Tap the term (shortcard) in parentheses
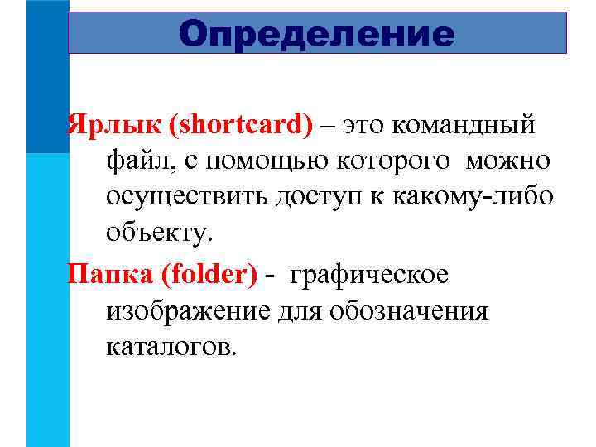click(241, 125)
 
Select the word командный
click(464, 125)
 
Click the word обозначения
click(409, 310)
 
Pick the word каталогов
click(171, 346)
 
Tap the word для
click(299, 310)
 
